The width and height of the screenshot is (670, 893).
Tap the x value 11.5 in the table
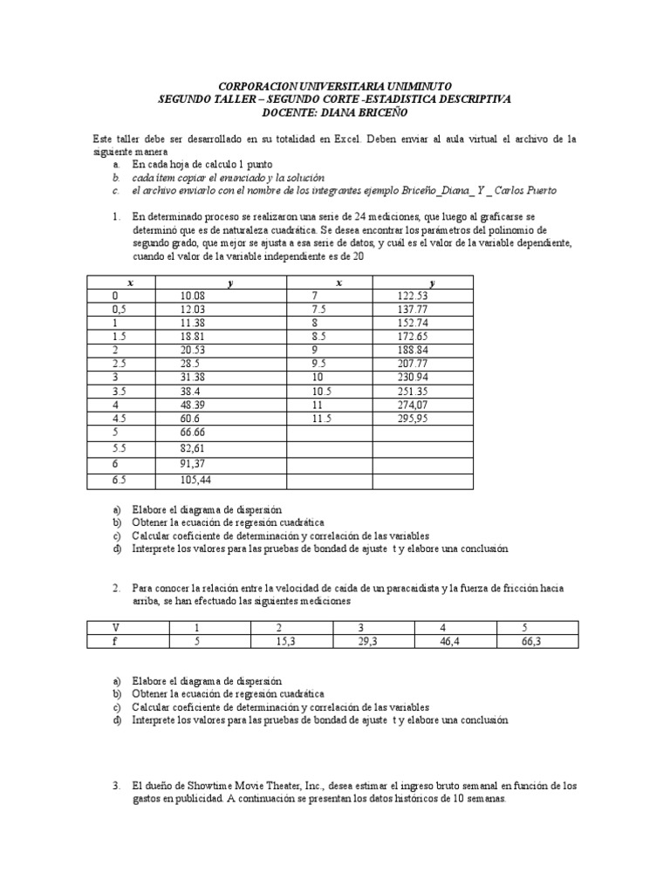[x=320, y=418]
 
